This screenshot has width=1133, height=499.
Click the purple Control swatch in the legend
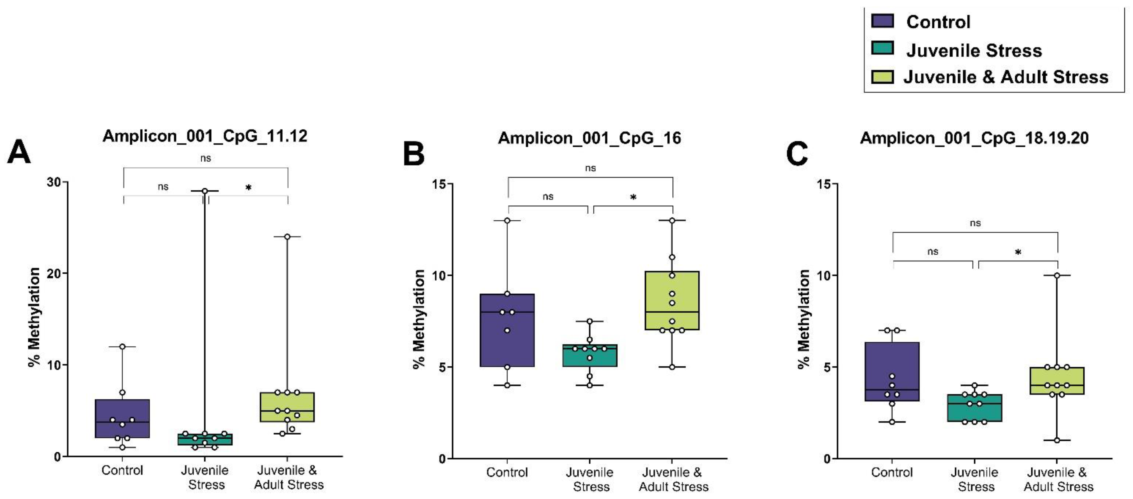pos(882,21)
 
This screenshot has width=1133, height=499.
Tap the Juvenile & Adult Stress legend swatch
pos(882,77)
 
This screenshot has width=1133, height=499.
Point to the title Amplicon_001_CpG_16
pos(589,138)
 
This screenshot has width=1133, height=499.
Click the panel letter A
pos(19,152)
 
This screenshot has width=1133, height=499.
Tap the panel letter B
pos(413,154)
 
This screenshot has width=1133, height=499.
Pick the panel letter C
pos(797,154)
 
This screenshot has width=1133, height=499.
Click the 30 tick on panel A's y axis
pos(55,182)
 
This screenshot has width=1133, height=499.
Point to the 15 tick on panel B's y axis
pos(439,184)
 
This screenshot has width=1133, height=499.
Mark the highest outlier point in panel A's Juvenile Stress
pos(205,191)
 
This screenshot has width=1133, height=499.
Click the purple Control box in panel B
pos(507,330)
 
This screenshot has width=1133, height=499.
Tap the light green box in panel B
pos(672,300)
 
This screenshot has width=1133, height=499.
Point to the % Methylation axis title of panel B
pos(419,319)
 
